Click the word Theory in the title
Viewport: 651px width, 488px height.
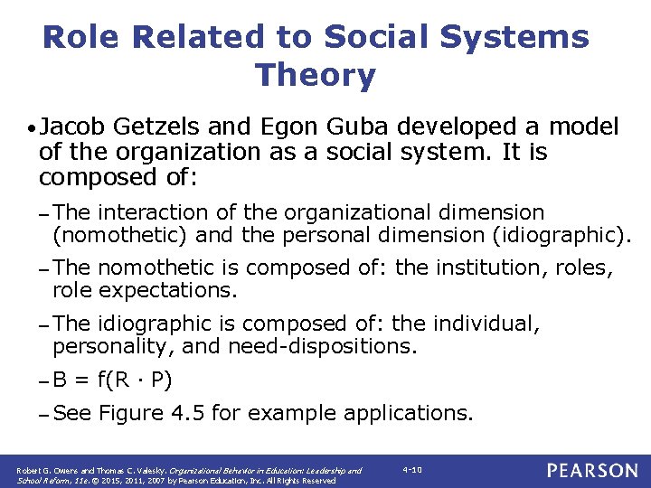click(316, 75)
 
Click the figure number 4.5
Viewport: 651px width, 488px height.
click(223, 413)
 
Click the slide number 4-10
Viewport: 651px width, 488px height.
click(412, 470)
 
